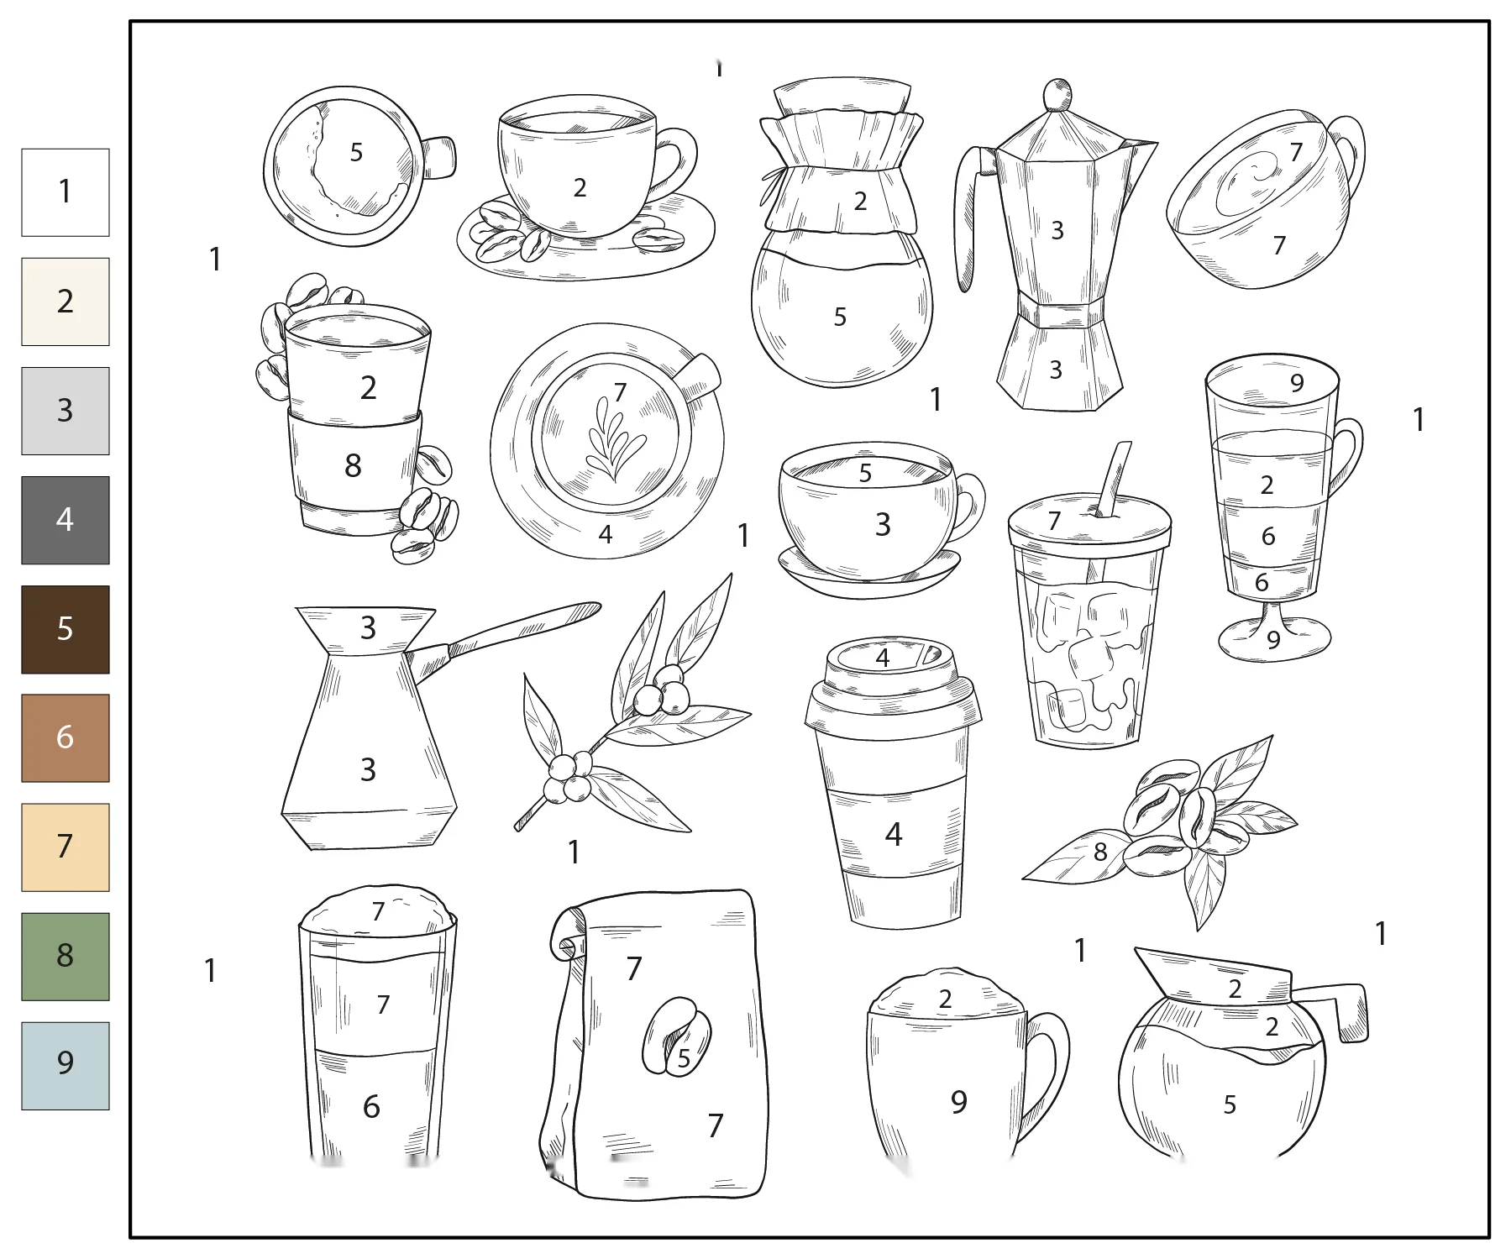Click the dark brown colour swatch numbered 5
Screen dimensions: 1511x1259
coord(66,629)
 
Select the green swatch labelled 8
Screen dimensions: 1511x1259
coord(66,956)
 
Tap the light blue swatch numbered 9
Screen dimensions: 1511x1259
coord(66,1065)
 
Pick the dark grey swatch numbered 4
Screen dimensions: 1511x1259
coord(66,520)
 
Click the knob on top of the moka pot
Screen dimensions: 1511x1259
coord(1058,94)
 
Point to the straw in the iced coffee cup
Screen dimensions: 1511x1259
coord(1112,479)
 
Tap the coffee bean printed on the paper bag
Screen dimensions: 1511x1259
coord(676,1036)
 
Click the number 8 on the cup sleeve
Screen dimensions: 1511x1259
coord(353,465)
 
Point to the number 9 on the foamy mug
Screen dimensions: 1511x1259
coord(959,1101)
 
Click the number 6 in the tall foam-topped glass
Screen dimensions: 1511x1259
coord(371,1106)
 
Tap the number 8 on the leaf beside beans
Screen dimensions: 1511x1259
coord(1100,852)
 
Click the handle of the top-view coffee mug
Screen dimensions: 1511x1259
coord(438,157)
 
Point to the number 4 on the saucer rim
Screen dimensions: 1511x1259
coord(606,534)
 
